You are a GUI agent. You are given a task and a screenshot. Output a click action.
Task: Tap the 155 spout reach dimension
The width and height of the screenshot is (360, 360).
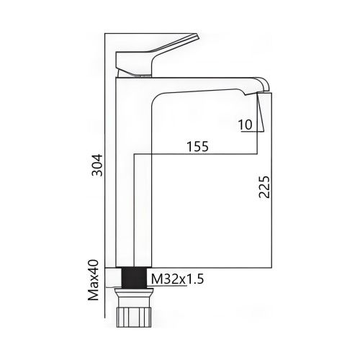coord(196,146)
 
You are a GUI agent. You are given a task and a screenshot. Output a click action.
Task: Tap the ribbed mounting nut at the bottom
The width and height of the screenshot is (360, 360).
coord(135,314)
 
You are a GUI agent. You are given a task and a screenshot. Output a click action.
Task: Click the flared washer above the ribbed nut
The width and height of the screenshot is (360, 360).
coord(135,292)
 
